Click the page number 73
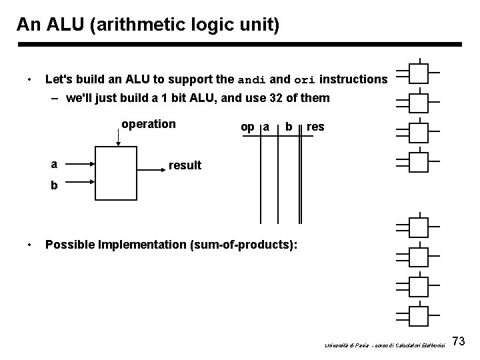pos(458,342)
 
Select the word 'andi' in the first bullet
pos(253,80)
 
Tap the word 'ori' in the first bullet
pos(304,80)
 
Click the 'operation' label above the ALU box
pos(148,124)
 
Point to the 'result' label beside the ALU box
pos(185,165)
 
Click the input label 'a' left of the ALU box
pos(53,162)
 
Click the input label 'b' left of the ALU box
pos(53,187)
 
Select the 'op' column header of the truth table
pos(247,127)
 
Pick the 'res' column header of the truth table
pos(315,127)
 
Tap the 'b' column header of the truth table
pos(288,127)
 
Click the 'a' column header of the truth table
pos(266,127)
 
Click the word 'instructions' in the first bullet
pos(353,79)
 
